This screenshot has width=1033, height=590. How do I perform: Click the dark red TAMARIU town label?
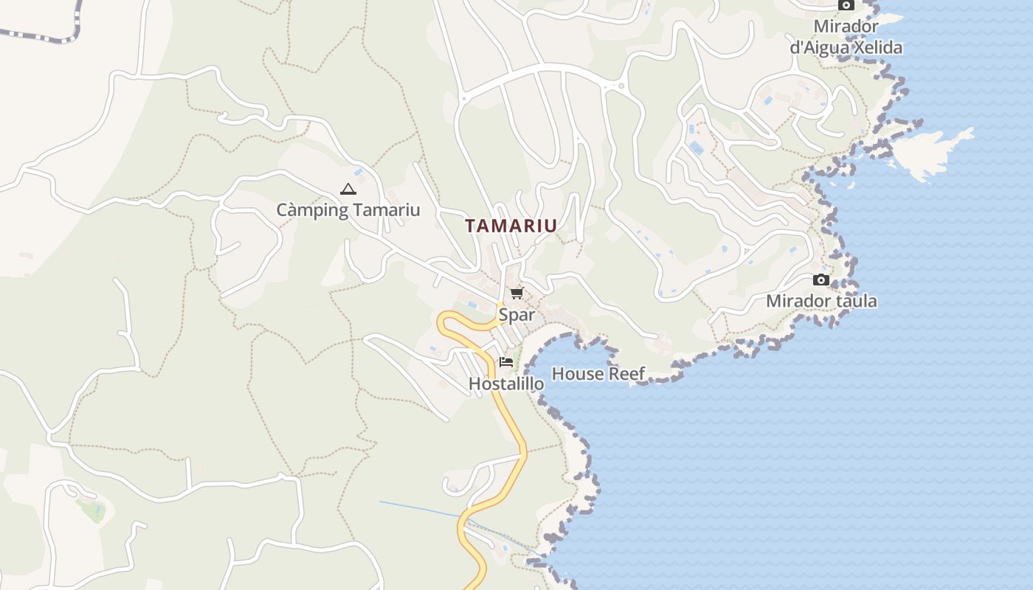[x=511, y=226]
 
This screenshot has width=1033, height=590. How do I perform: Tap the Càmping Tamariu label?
[x=348, y=210]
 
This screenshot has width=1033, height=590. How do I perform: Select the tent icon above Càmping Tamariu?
[x=348, y=190]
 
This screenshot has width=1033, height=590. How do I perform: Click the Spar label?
[x=516, y=315]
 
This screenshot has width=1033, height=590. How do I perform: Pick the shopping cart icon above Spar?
[x=516, y=294]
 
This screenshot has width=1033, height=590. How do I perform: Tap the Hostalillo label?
[x=506, y=383]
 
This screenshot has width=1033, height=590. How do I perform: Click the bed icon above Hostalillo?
[x=506, y=362]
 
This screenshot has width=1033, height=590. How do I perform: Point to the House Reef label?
[x=598, y=374]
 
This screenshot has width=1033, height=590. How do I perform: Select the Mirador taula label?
[x=821, y=301]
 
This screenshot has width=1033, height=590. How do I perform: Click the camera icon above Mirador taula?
[x=820, y=280]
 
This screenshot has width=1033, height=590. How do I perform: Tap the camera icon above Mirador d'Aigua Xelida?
[x=846, y=5]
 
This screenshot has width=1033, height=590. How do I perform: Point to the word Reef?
[x=626, y=374]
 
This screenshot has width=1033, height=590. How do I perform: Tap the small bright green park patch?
[x=93, y=509]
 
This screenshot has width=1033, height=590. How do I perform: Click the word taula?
[x=857, y=301]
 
